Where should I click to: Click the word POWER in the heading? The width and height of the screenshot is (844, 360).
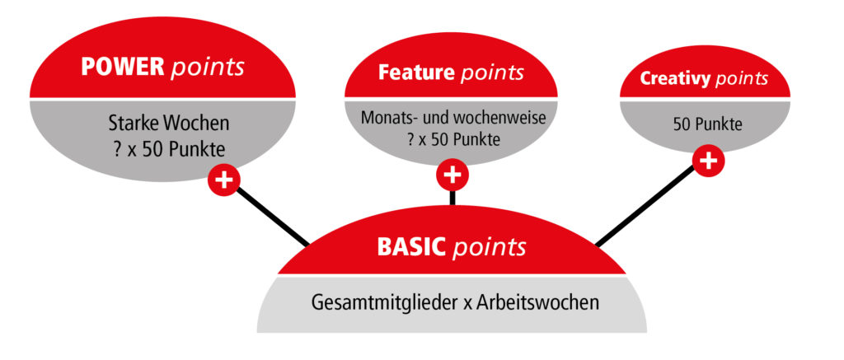pos(123,67)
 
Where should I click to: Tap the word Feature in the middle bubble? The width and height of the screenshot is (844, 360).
pos(417,72)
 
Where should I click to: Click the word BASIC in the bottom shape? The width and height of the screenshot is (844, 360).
pos(412,247)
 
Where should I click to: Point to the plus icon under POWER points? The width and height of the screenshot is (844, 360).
pos(224,180)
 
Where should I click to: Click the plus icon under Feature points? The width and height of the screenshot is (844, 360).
pos(452,175)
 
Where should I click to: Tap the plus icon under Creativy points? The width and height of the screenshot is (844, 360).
pos(708,161)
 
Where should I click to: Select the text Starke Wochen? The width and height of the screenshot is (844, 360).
pos(169,124)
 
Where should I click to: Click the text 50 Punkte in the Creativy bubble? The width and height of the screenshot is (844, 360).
pos(707,125)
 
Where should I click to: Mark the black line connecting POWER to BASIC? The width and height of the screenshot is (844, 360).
pos(272,217)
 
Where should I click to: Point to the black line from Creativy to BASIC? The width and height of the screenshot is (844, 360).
pos(645,206)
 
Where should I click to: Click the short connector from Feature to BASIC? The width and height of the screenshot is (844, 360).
pos(452,198)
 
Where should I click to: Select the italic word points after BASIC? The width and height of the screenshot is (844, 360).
pos(490,247)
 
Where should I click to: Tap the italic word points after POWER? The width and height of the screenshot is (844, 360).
pos(207,68)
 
